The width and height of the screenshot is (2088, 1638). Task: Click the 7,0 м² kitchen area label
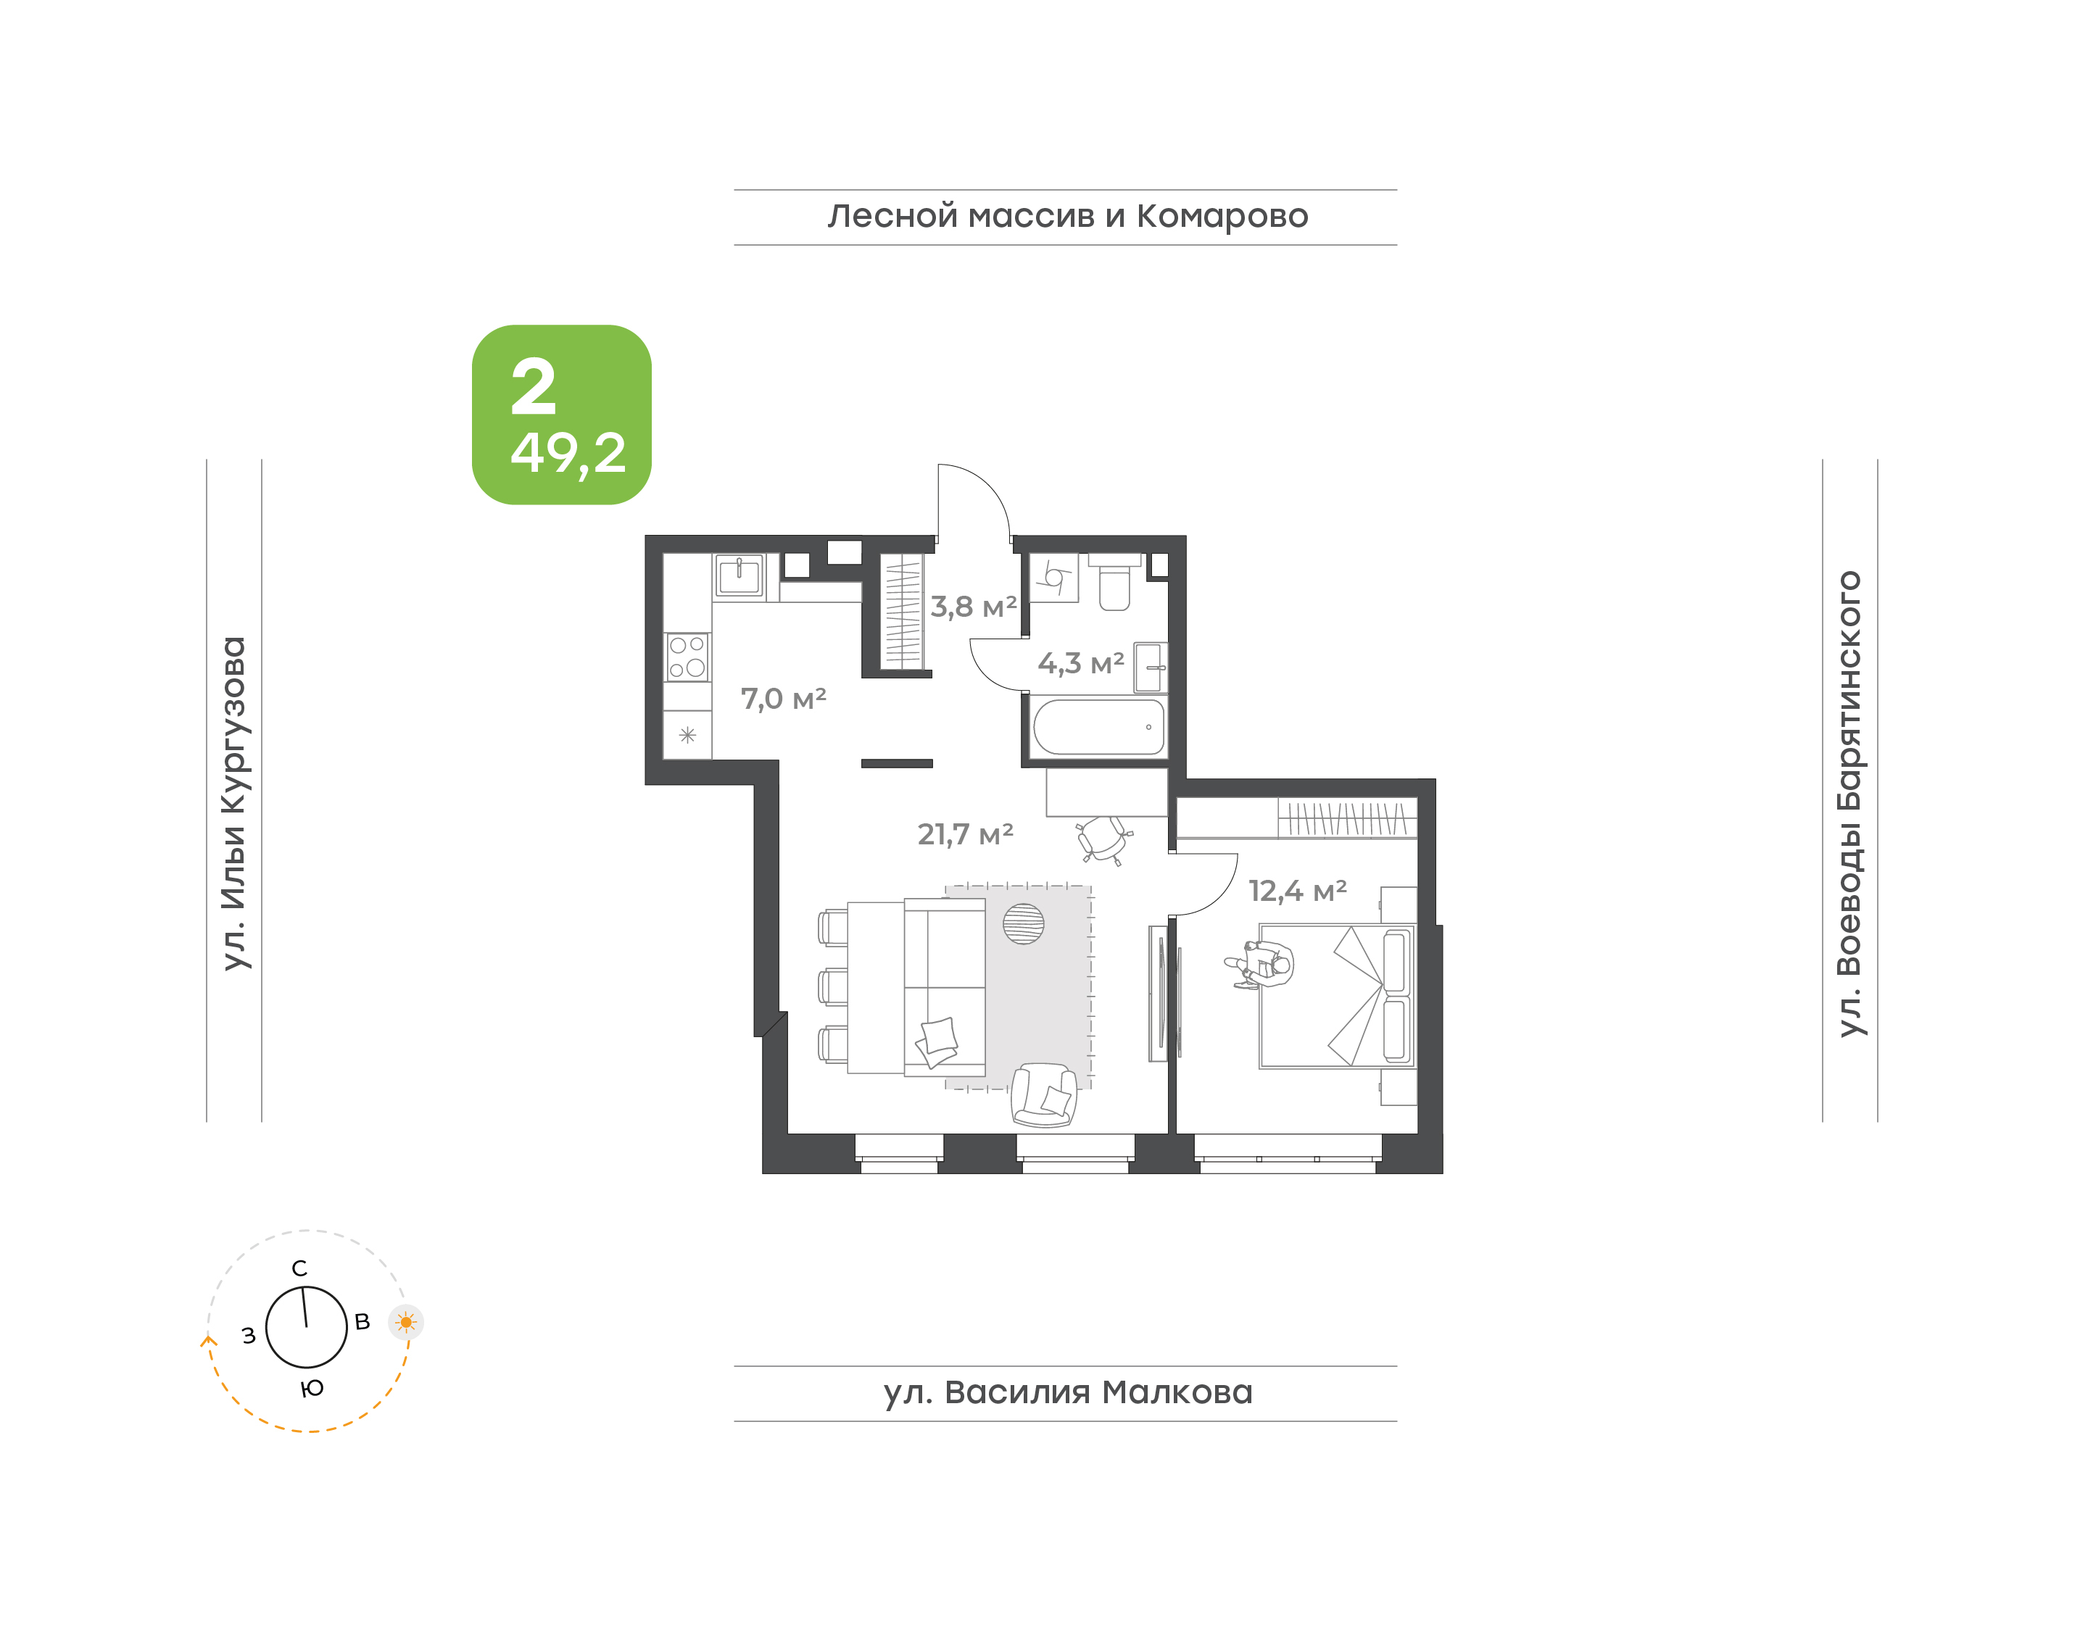pos(783,699)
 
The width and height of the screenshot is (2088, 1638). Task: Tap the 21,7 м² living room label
pos(965,834)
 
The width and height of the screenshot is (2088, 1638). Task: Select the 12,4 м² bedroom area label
pos(1297,891)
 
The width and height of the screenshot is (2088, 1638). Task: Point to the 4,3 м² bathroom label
pos(1081,662)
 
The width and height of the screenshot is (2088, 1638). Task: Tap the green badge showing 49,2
pos(561,415)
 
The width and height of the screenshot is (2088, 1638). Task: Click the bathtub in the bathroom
pos(1098,727)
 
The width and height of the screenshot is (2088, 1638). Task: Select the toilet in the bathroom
pos(1114,581)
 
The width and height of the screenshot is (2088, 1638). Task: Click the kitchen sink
pos(739,576)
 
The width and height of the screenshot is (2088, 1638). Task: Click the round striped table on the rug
pos(1024,923)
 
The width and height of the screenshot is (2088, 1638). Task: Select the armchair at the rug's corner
pos(1045,1094)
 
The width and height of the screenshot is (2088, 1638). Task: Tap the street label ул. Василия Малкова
pos(1067,1392)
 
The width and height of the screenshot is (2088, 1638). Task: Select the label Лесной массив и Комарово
pos(1067,216)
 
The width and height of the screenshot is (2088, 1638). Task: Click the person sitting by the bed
pos(1260,964)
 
